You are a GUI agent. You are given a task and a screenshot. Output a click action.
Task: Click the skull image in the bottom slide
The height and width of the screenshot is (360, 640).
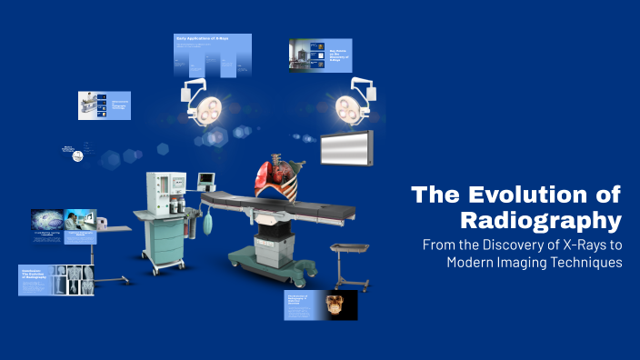pyautogui.click(x=340, y=305)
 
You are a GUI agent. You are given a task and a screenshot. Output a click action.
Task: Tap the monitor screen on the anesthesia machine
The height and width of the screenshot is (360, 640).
pyautogui.click(x=208, y=178)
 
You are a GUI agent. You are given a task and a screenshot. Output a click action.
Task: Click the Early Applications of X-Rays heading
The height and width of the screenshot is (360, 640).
pyautogui.click(x=202, y=39)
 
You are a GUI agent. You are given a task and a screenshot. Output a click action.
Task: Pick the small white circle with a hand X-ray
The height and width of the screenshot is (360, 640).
pyautogui.click(x=78, y=155)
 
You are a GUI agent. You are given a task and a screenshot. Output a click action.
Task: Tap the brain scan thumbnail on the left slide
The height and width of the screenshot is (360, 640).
pyautogui.click(x=46, y=220)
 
